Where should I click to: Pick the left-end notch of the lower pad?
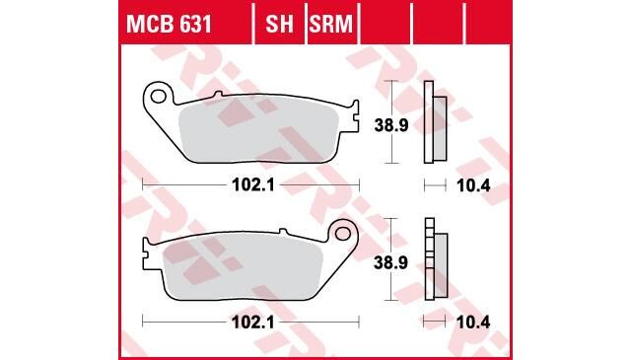click(x=148, y=253)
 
